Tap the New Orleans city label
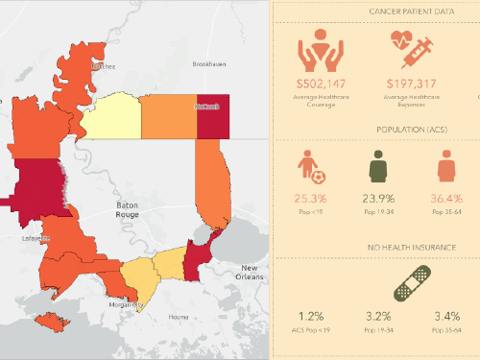(x=250, y=272)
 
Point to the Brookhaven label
(x=208, y=64)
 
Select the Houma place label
(x=180, y=316)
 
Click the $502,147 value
(x=322, y=84)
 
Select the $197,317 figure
(x=410, y=84)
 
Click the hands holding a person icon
(x=322, y=49)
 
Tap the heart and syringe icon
(x=409, y=49)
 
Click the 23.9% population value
(x=377, y=199)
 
